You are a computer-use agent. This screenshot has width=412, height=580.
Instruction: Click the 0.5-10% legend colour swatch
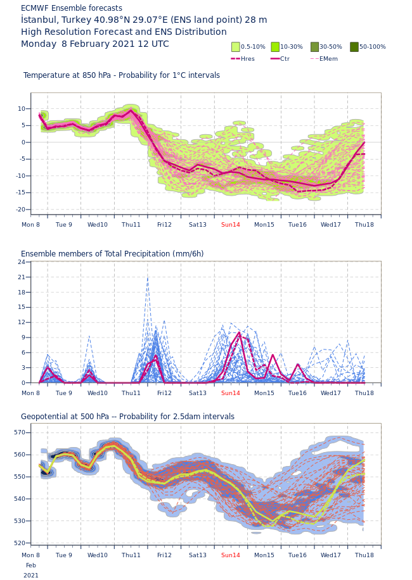click(236, 47)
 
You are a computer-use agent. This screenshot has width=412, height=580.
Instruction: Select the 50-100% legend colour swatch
click(354, 47)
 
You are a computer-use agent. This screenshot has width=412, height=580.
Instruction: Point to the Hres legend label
click(247, 59)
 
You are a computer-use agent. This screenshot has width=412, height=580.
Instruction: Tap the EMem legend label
click(328, 59)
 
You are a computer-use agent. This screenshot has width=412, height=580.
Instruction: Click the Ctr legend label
click(285, 59)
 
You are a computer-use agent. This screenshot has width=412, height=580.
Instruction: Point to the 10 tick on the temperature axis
click(22, 109)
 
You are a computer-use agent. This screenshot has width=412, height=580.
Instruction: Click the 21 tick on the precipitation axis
click(22, 277)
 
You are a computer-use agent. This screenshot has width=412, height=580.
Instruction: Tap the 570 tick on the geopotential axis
click(20, 432)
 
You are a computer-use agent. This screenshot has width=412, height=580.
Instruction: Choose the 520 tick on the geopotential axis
click(20, 543)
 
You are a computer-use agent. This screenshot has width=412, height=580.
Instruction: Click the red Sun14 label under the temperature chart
click(231, 225)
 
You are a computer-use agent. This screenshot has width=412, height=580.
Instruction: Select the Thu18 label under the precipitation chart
click(364, 393)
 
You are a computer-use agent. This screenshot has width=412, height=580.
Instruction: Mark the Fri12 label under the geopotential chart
click(164, 555)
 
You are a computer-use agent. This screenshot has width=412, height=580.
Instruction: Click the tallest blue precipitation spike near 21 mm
click(148, 278)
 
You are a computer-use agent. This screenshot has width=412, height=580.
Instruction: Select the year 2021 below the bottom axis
click(31, 576)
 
